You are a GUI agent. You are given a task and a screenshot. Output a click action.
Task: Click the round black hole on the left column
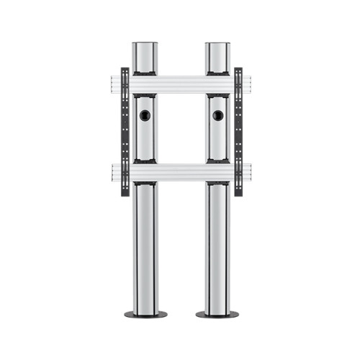[x=145, y=114]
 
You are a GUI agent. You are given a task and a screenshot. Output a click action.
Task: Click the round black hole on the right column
[x=217, y=114]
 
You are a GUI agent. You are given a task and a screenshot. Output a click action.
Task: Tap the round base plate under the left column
[x=145, y=315]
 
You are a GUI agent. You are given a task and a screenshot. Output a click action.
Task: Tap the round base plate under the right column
[x=217, y=315]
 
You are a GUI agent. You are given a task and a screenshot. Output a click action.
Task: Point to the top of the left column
[x=145, y=44]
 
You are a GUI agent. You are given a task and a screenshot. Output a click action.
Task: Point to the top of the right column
[x=217, y=44]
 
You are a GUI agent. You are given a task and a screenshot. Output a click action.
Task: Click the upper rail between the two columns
[x=181, y=84]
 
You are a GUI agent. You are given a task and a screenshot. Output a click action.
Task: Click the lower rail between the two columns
[x=181, y=172]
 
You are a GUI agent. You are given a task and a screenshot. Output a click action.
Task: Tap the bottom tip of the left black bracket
[x=125, y=192]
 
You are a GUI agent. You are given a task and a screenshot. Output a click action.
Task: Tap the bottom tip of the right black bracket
[x=238, y=192]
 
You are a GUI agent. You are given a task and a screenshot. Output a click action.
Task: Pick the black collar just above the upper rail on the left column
[x=145, y=73]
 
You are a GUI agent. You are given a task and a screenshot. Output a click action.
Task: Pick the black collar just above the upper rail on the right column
[x=217, y=73]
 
